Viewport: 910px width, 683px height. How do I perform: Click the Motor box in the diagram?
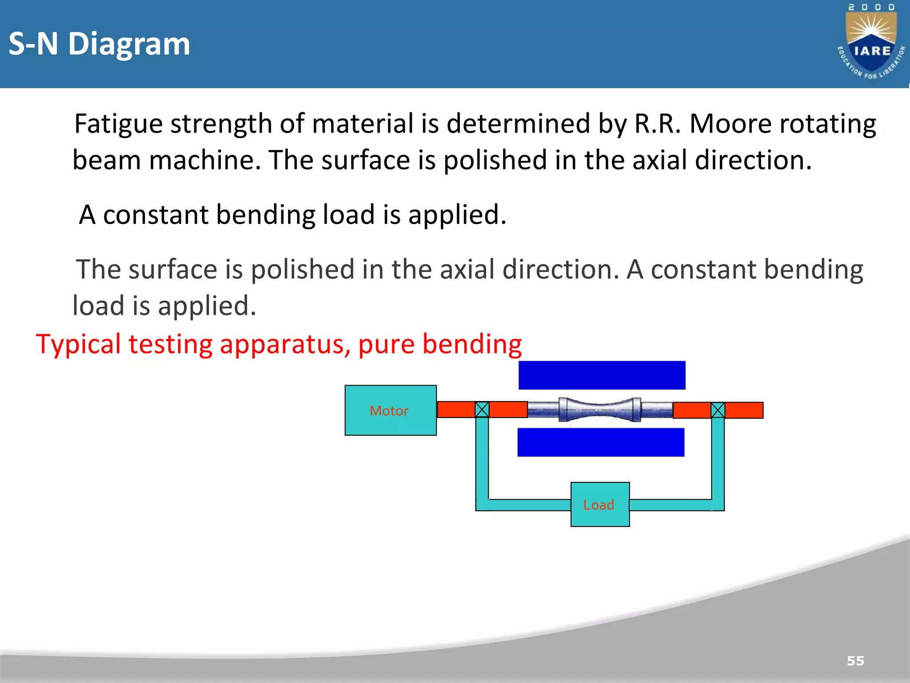[390, 410]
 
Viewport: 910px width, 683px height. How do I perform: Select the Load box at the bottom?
[600, 504]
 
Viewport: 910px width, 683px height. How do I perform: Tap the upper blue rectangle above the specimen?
[602, 375]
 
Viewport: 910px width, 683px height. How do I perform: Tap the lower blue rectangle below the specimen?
[601, 442]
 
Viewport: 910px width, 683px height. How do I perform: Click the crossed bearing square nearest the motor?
[482, 410]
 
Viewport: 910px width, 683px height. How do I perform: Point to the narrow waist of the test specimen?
[600, 409]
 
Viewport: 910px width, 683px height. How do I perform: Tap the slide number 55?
[855, 661]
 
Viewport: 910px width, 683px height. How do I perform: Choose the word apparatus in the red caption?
[285, 344]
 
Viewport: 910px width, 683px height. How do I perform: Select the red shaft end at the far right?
[744, 410]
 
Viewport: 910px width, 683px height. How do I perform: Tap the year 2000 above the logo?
[871, 7]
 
